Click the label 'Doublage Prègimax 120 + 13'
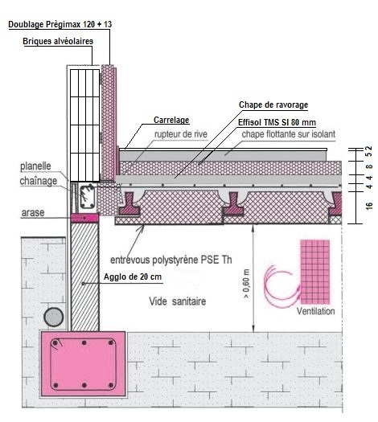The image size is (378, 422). click(x=60, y=24)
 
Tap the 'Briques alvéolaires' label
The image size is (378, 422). click(x=58, y=41)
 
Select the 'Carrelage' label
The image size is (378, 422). click(x=171, y=120)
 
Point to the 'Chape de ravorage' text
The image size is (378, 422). click(x=273, y=104)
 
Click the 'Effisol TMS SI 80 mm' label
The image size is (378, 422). click(x=277, y=122)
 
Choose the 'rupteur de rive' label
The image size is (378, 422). click(x=181, y=134)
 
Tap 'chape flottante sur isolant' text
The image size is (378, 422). click(x=289, y=134)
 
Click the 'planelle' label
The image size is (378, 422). click(x=35, y=166)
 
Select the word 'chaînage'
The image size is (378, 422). click(x=39, y=181)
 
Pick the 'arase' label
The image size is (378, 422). click(x=33, y=213)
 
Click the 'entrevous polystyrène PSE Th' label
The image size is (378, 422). click(x=171, y=260)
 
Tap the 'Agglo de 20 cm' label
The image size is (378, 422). click(x=133, y=277)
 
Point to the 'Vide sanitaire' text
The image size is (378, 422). click(x=178, y=301)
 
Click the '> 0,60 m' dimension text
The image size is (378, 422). click(x=246, y=284)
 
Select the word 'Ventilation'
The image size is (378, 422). click(x=315, y=311)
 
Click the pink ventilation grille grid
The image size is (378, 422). click(x=314, y=272)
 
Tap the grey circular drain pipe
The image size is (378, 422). click(x=54, y=317)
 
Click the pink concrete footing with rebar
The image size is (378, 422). click(x=83, y=364)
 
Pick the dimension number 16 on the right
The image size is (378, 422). click(x=369, y=206)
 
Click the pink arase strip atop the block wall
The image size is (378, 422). click(x=84, y=218)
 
